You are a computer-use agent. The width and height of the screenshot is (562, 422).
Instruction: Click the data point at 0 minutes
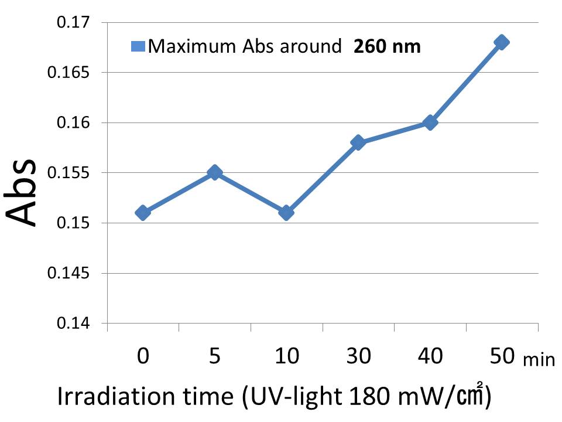point(143,213)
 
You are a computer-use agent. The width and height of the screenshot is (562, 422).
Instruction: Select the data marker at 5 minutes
point(214,172)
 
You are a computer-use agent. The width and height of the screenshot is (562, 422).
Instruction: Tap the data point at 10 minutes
point(286,213)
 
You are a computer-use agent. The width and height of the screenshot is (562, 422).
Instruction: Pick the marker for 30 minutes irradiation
point(358,142)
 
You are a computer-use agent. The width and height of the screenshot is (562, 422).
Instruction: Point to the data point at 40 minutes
point(430,122)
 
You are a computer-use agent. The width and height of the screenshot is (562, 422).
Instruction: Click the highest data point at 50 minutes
point(501,42)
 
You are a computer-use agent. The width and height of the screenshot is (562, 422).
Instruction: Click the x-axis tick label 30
point(358,356)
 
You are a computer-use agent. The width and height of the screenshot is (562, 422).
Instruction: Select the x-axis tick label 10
point(286,356)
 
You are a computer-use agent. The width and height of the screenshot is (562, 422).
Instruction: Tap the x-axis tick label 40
point(430,356)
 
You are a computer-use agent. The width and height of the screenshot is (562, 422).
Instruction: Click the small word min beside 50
point(539,359)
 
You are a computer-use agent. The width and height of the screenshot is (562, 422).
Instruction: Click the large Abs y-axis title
point(23,192)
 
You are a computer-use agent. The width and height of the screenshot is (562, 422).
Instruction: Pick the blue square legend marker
point(138,46)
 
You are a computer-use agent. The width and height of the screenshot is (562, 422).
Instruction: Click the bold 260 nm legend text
point(387,46)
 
